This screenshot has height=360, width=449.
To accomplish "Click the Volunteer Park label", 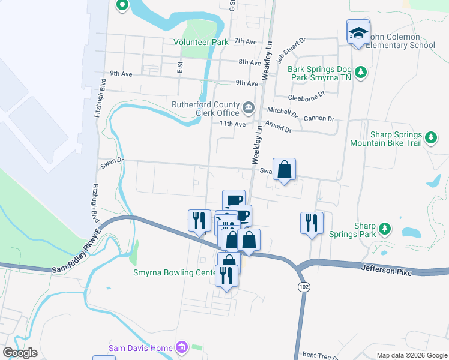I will coord(201,43).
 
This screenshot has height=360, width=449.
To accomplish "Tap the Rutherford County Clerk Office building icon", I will coord(248,109).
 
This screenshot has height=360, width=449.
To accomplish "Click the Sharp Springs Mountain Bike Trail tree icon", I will coord(430,139).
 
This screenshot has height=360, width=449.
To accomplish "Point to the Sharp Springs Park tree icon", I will coord(385,229).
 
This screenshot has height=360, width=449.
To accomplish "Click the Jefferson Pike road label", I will coord(386,272).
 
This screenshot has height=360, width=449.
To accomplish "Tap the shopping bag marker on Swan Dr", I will coord(285,169).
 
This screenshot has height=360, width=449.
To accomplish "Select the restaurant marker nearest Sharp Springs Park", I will coord(312,223).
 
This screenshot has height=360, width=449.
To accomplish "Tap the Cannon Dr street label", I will coord(318,119).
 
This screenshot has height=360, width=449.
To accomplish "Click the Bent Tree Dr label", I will coord(318,355).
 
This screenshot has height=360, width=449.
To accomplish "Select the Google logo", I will coord(20,352).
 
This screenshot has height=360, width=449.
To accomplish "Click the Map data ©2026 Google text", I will coord(411,355).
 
